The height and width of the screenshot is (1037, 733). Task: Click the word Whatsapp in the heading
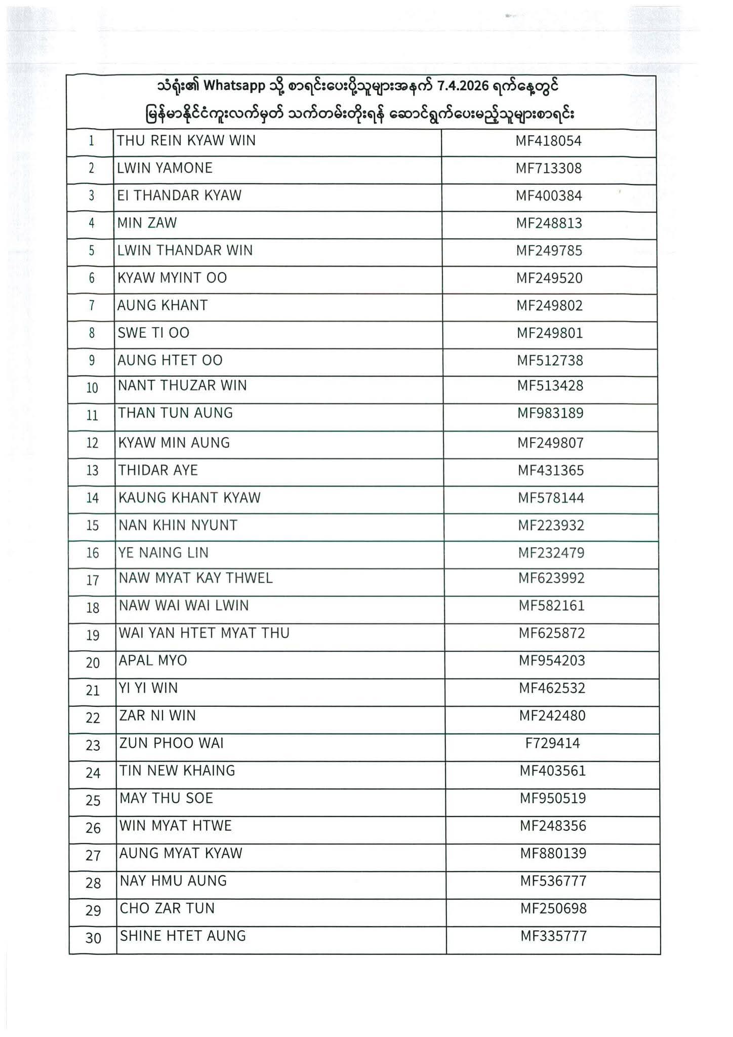click(234, 87)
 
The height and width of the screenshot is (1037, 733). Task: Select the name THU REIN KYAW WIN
click(186, 141)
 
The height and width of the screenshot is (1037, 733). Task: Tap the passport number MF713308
click(549, 168)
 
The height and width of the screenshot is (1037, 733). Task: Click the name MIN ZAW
click(147, 223)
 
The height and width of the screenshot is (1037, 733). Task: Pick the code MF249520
click(549, 278)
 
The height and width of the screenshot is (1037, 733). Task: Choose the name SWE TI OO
click(153, 333)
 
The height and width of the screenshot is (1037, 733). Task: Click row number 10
click(92, 388)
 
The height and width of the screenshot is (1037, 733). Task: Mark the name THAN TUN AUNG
click(176, 413)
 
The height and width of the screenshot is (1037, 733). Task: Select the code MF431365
click(551, 470)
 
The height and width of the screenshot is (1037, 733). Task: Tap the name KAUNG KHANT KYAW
click(189, 498)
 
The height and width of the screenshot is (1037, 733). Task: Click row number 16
click(93, 553)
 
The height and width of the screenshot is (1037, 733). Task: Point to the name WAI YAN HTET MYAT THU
click(204, 633)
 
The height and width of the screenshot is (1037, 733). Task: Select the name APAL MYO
click(153, 660)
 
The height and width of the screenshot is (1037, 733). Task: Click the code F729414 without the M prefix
click(552, 743)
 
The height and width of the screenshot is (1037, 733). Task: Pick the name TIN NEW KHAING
click(177, 771)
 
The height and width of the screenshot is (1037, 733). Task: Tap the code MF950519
click(553, 798)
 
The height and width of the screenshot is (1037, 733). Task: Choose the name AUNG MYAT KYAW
click(181, 853)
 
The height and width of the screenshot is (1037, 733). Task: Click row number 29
click(93, 911)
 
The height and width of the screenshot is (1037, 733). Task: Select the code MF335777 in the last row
click(553, 936)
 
